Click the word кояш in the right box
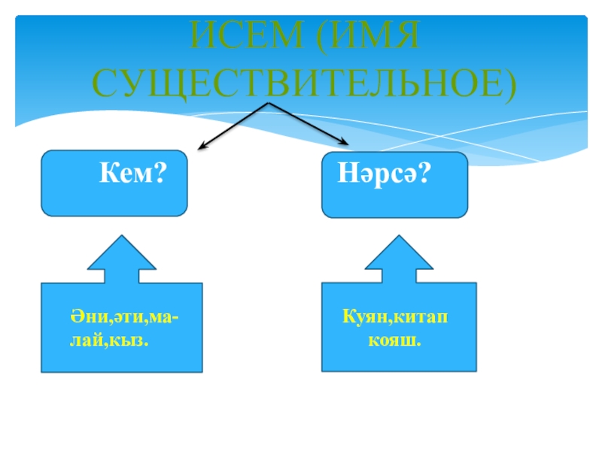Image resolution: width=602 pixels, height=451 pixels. (392, 340)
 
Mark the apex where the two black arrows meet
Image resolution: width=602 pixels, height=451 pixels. (269, 103)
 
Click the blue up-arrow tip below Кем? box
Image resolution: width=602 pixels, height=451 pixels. (120, 235)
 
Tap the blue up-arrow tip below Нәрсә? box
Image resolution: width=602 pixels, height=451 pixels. (399, 235)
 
